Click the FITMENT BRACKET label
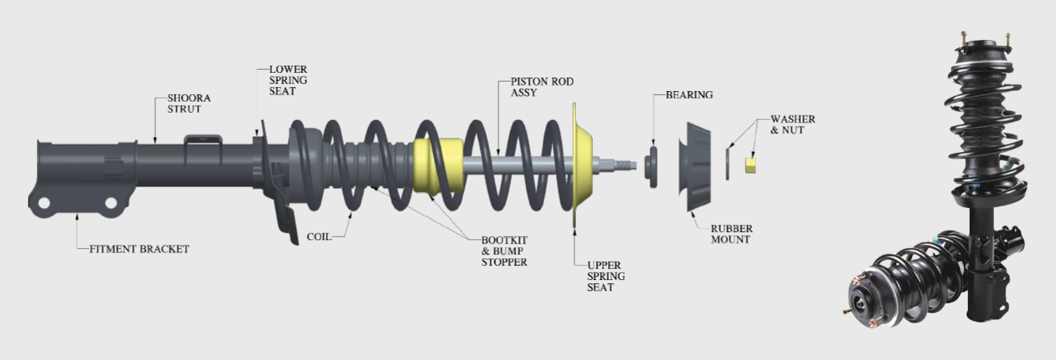(138, 249)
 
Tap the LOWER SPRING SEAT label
(287, 81)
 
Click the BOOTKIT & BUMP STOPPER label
(504, 251)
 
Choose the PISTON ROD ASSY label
(542, 87)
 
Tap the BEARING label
(689, 94)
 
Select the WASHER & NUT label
(792, 124)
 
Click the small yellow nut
(751, 165)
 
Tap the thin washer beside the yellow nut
(729, 163)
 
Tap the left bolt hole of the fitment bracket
(45, 202)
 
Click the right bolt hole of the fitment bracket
(111, 202)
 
